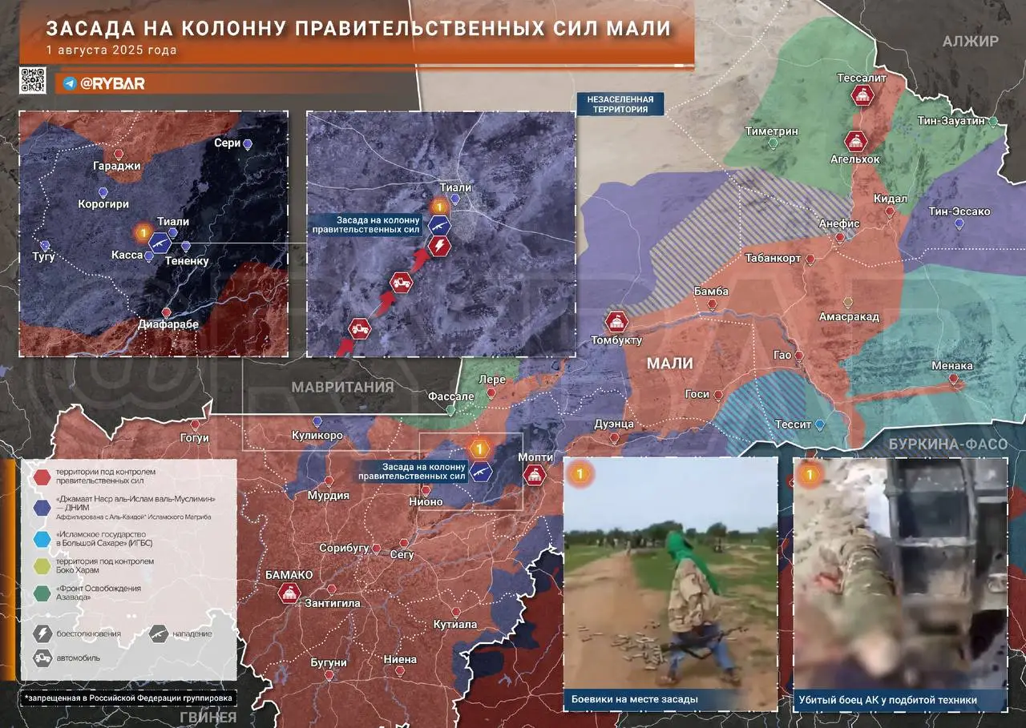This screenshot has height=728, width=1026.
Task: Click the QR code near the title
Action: [33, 82]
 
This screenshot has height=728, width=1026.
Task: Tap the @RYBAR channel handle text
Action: [112, 83]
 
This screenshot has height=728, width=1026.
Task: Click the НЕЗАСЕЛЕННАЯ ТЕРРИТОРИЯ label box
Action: [620, 104]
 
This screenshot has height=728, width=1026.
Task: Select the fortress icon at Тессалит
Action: [862, 96]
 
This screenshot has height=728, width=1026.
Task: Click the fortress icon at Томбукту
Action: [616, 322]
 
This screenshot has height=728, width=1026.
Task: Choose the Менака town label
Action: [952, 366]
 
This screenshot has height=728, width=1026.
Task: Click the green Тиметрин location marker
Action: [773, 143]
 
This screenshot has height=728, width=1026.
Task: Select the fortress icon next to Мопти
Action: [535, 475]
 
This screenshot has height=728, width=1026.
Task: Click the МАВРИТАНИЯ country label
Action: [342, 387]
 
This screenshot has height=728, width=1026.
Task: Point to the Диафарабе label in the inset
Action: [166, 325]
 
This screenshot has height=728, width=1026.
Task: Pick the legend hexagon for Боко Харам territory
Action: [41, 566]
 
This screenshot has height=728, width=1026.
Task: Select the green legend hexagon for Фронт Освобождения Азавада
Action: [41, 593]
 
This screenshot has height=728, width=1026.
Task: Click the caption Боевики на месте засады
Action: [634, 699]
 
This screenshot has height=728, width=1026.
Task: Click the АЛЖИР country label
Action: [970, 42]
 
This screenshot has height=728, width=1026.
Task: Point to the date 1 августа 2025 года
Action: [111, 50]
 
